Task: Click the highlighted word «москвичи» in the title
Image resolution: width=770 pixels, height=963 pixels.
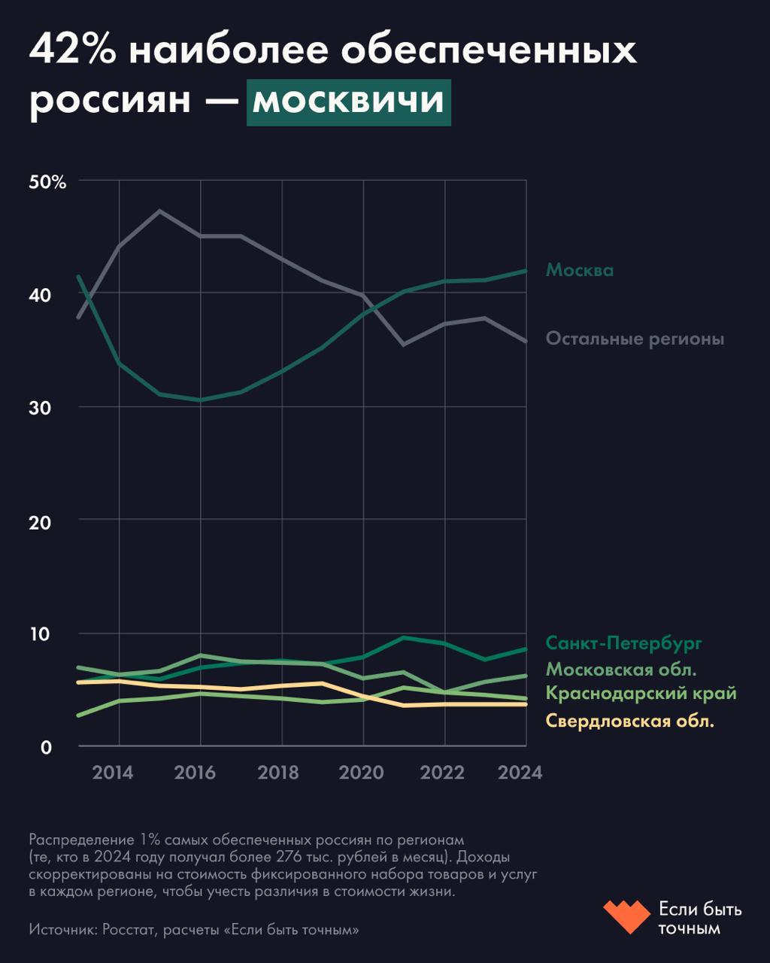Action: coord(348,102)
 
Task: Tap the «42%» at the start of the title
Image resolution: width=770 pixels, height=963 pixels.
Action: coord(72,52)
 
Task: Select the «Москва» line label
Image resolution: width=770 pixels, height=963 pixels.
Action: coord(579,270)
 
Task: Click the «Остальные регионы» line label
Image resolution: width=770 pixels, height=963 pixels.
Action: coord(635,339)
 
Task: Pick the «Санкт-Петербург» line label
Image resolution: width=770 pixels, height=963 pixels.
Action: coord(623,643)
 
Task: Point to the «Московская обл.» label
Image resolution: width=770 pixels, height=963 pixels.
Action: coord(620,669)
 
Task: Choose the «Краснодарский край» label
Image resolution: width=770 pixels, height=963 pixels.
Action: coord(641,694)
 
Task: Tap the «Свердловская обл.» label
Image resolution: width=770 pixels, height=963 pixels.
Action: coord(629,721)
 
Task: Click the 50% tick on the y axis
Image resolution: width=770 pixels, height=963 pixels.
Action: coord(48,182)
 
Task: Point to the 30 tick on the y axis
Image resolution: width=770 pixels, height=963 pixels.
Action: coord(41,408)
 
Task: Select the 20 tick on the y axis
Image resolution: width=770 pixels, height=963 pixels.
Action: coord(41,521)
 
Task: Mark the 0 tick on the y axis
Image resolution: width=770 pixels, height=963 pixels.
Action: coord(45,747)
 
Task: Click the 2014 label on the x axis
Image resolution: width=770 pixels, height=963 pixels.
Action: coord(113,773)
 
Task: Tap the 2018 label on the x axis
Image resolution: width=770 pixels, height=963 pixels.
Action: coord(278,773)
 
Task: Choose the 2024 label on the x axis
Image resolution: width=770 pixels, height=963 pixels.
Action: coord(520,773)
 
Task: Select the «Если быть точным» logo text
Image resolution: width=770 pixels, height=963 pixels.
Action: coord(699,919)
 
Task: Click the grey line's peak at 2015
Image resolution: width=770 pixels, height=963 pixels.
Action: coord(159,211)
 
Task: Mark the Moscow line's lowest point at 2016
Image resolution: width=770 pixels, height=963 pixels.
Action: coord(200,400)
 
